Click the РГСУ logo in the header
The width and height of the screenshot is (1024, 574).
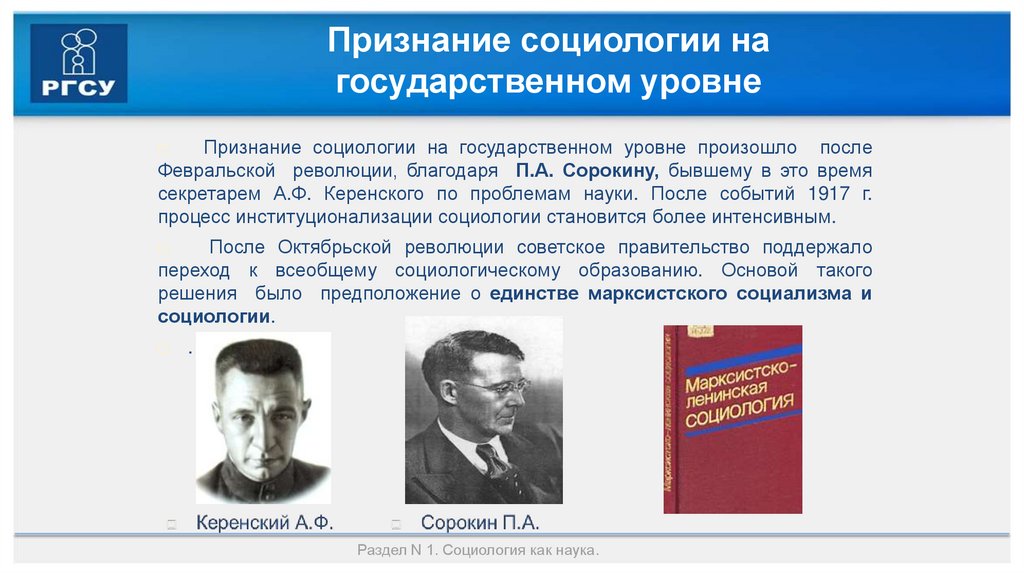[x=79, y=62]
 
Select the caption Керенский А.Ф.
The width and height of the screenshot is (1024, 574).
[x=264, y=522]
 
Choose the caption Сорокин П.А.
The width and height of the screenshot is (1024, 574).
[x=479, y=522]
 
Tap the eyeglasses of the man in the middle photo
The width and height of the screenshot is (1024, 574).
[x=494, y=385]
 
